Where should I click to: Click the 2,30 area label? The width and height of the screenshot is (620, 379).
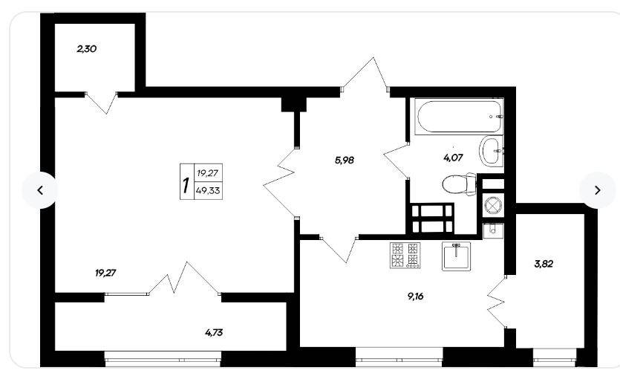(87, 49)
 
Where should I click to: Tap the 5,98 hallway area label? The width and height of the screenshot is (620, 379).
(344, 161)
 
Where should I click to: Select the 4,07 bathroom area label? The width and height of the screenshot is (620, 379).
(453, 158)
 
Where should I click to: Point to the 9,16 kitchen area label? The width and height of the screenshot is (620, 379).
(415, 296)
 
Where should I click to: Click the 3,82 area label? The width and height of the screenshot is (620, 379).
(544, 264)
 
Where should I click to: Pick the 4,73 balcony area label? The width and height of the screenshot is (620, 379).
(214, 332)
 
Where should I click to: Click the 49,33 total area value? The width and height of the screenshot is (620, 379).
(208, 191)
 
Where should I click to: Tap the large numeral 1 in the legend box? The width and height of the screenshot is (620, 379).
(186, 185)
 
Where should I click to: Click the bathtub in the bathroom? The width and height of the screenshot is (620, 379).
(458, 117)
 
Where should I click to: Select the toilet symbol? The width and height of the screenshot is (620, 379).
(459, 184)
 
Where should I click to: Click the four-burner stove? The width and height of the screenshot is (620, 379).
(405, 255)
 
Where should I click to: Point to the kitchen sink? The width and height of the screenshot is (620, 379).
(457, 256)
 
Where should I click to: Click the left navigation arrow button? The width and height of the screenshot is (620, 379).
(40, 190)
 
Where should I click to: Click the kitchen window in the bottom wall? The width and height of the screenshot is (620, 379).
(399, 360)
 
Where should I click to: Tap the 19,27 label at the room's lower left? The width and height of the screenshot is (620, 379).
(105, 273)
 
